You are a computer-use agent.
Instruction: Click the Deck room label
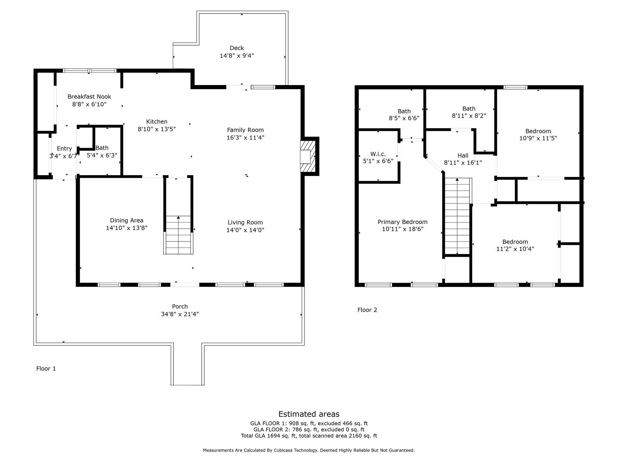coord(237,48)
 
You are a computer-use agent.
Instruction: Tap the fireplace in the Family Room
coord(308,156)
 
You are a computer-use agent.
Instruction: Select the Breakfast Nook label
coord(89,97)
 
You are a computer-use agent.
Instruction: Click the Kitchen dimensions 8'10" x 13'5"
coord(157,129)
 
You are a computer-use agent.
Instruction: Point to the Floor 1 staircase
coord(178,235)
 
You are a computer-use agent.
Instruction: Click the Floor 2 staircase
coord(457,216)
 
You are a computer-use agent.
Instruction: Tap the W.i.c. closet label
coord(378,154)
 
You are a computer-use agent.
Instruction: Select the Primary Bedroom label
coord(403,222)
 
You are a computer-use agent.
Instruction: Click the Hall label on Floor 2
coord(463,156)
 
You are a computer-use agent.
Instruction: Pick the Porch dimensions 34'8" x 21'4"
coord(180,314)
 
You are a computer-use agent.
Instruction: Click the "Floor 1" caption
coord(46,369)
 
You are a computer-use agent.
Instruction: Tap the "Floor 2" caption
coord(367,310)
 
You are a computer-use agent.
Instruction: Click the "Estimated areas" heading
coord(309,414)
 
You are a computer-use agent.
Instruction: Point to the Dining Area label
coord(126,220)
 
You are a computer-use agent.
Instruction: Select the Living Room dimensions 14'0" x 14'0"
coord(245,230)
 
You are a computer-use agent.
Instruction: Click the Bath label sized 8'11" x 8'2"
coord(469,109)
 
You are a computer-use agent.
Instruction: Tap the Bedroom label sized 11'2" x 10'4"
coord(515,242)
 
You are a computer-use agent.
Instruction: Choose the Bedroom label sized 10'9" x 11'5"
coord(538,131)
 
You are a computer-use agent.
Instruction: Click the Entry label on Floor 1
coord(64,149)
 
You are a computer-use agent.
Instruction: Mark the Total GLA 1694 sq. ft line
coord(309,436)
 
